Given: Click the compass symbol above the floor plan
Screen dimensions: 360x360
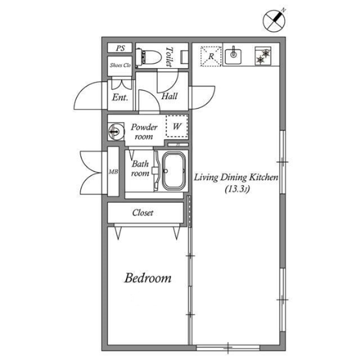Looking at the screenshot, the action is [x=274, y=21].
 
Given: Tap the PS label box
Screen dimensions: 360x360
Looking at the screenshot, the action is [x=120, y=48].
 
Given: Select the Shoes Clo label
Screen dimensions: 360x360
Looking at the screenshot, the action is [x=120, y=65].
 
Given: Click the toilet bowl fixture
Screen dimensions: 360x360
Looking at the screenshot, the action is [x=148, y=57].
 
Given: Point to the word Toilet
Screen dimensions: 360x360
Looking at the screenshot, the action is [x=169, y=57].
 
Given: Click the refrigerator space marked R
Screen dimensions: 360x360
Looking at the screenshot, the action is [x=211, y=56].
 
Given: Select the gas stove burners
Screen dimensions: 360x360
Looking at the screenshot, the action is [x=263, y=56].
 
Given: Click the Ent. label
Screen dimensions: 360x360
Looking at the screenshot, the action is [x=120, y=97].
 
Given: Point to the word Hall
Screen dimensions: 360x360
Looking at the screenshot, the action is [x=169, y=96].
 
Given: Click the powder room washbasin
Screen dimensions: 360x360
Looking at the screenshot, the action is [x=116, y=132].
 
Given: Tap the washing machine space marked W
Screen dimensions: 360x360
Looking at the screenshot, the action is [x=177, y=126].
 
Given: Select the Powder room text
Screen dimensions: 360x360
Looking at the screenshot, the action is [x=144, y=132].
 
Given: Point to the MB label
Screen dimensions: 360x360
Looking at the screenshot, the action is [x=114, y=172].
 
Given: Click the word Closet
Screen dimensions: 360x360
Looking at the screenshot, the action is [x=142, y=213].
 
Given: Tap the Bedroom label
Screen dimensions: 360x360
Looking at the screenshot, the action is [x=148, y=278].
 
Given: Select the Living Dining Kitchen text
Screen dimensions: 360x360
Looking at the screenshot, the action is [x=236, y=177].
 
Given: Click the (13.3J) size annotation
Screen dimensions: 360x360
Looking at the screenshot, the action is [x=237, y=190].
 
